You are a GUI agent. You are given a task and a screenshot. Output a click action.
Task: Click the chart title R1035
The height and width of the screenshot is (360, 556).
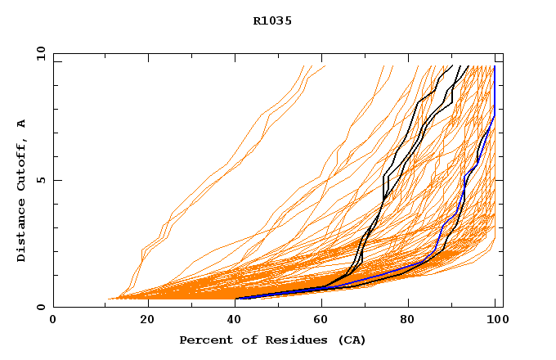coord(272,20)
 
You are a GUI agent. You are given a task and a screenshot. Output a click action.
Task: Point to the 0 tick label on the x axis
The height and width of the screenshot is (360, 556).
coord(53,320)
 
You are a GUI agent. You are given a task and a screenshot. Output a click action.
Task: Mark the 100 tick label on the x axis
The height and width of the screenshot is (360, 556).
coord(495,320)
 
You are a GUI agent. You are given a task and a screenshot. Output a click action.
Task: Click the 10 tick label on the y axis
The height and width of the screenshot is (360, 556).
coord(39,54)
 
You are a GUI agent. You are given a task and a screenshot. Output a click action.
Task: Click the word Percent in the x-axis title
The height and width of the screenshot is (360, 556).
coord(203,340)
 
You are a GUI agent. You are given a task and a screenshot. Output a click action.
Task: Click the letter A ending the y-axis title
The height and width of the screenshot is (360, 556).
coord(21,124)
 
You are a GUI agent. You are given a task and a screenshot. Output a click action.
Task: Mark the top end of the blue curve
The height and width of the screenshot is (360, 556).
coord(494,67)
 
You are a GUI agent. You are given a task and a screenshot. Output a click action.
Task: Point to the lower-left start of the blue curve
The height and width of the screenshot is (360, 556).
coord(240,298)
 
